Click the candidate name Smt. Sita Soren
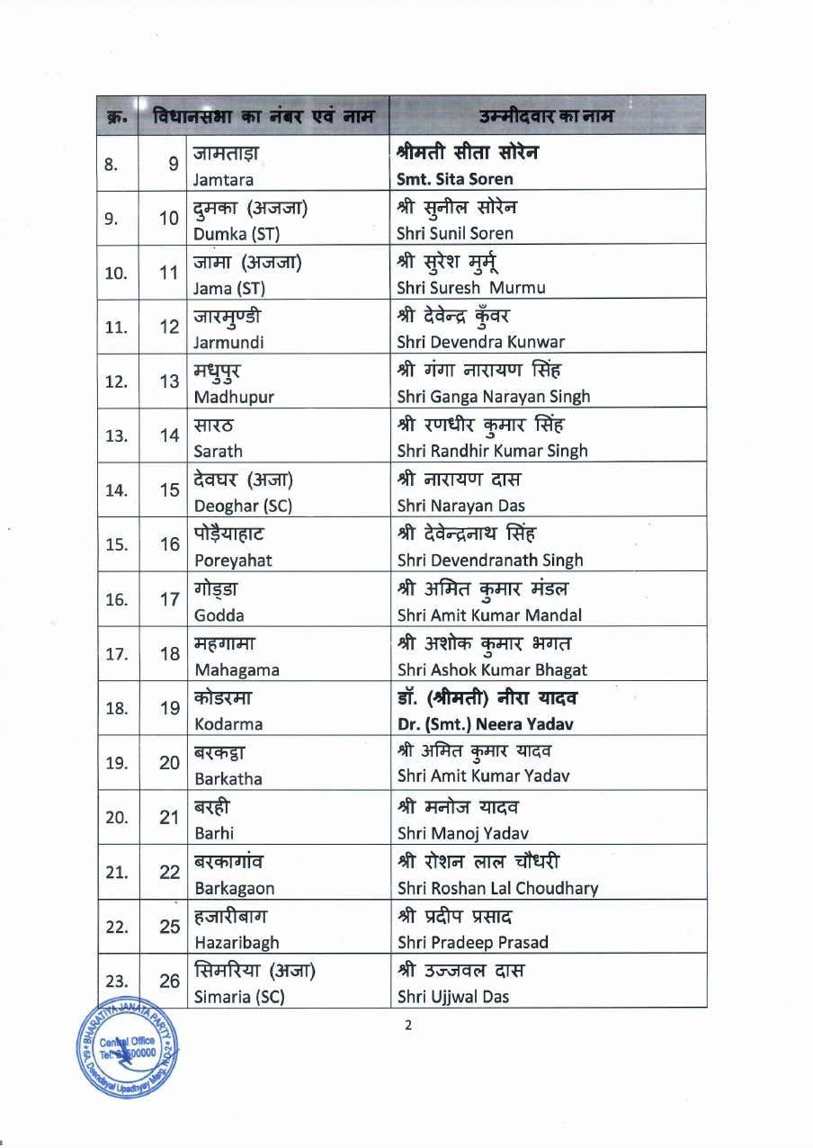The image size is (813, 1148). coord(454,178)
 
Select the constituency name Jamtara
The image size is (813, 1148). coord(223,179)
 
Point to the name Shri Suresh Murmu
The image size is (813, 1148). coord(470,288)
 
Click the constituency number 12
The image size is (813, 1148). coord(170,327)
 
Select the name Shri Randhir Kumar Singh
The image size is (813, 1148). coord(492,451)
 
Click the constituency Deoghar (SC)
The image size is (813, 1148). coord(243,506)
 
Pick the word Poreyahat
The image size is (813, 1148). coord(233,561)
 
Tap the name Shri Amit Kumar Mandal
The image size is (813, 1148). coord(489,615)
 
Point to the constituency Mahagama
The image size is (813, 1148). coord(237,669)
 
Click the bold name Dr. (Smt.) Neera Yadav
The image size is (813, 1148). coord(485,723)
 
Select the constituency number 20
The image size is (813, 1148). coord(170,762)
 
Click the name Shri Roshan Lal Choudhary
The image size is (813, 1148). coord(497,888)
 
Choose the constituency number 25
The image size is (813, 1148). coord(170,926)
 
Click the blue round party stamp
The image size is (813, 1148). coord(128,1049)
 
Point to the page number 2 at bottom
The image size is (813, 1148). coord(407,1026)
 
